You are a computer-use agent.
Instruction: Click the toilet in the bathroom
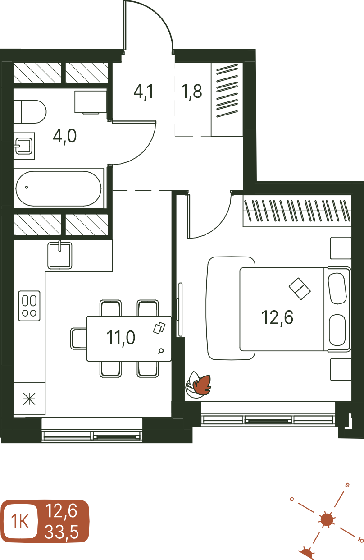point(30,112)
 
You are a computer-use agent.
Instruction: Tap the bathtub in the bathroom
point(59,188)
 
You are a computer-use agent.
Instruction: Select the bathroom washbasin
point(24,146)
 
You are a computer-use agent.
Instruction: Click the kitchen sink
point(60,255)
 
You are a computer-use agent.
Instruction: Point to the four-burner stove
point(29,306)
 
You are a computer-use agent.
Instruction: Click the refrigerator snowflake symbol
point(29,399)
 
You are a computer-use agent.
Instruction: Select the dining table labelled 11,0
point(129,339)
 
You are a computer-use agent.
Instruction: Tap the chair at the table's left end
point(78,339)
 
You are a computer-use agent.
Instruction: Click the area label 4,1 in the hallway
point(143,92)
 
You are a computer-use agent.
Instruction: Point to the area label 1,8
point(192,92)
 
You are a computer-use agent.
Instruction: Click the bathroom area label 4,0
point(65,137)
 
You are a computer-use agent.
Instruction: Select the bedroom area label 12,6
point(278,318)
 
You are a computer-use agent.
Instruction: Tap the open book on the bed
point(300,289)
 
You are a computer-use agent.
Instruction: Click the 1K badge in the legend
point(20,522)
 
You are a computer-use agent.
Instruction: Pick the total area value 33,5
point(61,532)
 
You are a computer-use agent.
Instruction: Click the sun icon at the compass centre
point(327,520)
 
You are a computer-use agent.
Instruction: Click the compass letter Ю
point(360,541)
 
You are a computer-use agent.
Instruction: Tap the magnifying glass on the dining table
point(161,351)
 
